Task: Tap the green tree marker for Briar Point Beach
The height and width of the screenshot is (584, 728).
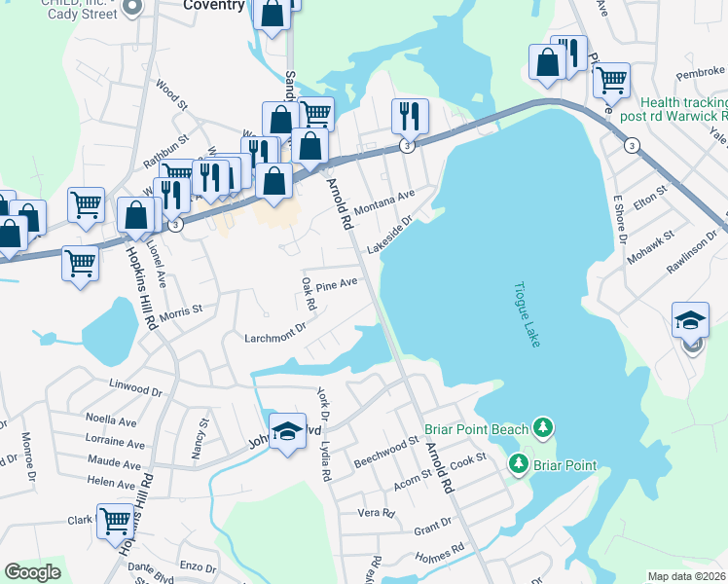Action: [543, 427]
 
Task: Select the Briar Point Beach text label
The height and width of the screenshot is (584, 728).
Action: [477, 429]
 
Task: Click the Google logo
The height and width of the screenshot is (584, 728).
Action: [32, 571]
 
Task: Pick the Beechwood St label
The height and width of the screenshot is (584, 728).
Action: [385, 451]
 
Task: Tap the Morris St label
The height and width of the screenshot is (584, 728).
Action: [180, 310]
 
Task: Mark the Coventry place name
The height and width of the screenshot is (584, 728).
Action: [214, 5]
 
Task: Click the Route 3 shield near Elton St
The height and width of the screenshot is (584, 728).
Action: [633, 146]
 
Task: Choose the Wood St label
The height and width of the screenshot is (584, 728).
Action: [170, 93]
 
